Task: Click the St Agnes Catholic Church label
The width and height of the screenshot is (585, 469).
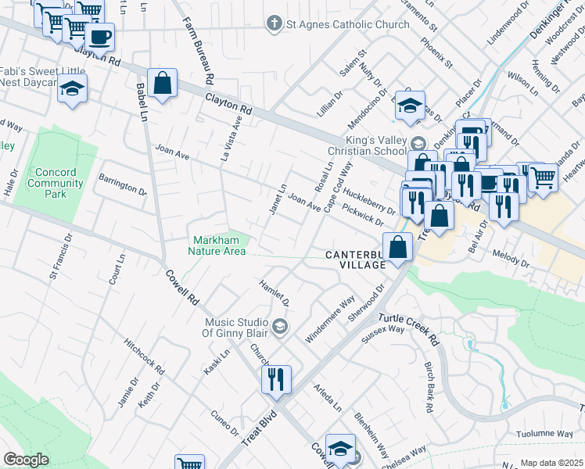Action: pos(346,24)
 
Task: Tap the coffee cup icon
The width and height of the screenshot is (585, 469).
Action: pos(99,36)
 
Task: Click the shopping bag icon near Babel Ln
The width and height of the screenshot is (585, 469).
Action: pos(162,82)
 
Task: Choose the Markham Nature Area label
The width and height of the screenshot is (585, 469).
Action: pos(217,245)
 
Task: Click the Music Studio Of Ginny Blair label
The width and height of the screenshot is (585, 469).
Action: pos(237,328)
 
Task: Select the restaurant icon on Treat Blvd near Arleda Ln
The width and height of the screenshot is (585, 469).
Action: pos(276,379)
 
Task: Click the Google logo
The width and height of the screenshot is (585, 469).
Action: pos(26,460)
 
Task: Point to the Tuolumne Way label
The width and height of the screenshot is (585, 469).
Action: pos(545,434)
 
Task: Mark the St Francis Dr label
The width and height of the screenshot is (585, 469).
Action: pos(61,255)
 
